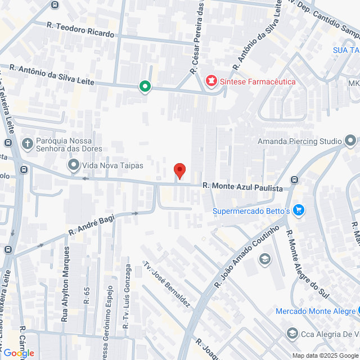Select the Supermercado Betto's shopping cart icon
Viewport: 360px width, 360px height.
298,211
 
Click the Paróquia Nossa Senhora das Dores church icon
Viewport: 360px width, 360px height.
26,143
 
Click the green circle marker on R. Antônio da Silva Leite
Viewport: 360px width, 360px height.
145,87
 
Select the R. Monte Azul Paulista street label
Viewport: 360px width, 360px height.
242,187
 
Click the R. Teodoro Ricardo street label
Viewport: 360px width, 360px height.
80,30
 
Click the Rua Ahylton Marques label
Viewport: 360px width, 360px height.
66,274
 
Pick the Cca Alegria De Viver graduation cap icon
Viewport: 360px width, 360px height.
292,334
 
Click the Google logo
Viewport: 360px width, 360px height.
18,353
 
